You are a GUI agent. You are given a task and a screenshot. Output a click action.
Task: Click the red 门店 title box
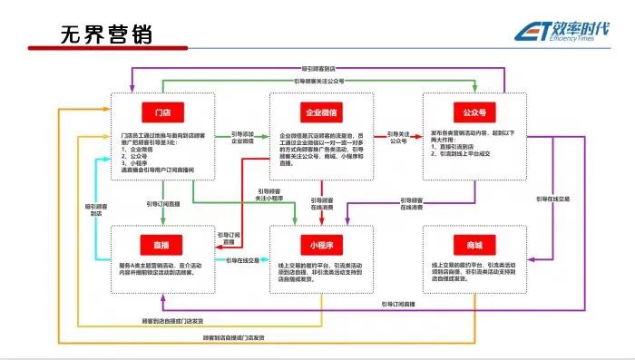[x=163, y=112]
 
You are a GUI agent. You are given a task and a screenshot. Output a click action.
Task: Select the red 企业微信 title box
[x=322, y=112]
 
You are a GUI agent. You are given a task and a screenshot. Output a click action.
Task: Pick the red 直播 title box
[x=163, y=243]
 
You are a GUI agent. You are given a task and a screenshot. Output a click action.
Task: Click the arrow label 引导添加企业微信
[x=243, y=138]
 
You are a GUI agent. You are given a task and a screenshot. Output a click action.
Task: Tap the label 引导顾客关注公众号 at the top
[x=318, y=81]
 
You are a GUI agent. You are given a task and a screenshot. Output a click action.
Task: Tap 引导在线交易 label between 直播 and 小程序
[x=243, y=260]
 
